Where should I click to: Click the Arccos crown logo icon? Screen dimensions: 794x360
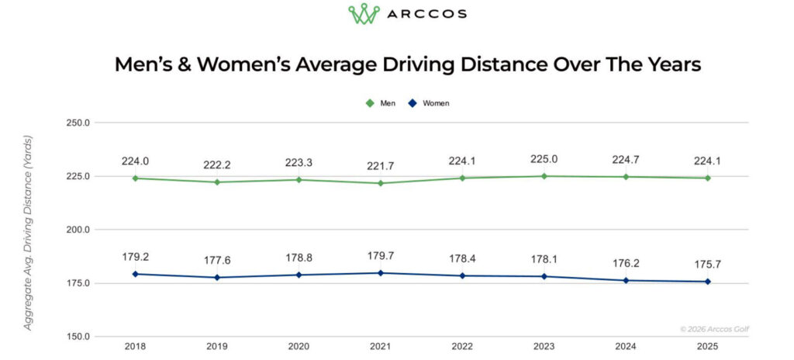pyautogui.click(x=364, y=14)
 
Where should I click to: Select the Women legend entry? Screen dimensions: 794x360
pyautogui.click(x=428, y=103)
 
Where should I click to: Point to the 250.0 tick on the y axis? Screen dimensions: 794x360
pyautogui.click(x=79, y=123)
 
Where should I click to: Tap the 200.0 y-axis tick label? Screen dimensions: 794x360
pyautogui.click(x=79, y=230)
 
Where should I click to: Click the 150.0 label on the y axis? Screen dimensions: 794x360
pyautogui.click(x=79, y=337)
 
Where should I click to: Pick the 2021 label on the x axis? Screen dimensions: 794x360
pyautogui.click(x=380, y=347)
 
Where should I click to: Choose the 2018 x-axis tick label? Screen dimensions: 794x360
pyautogui.click(x=135, y=347)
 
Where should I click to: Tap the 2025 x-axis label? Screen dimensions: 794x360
pyautogui.click(x=707, y=347)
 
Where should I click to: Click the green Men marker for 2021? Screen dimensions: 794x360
pyautogui.click(x=380, y=183)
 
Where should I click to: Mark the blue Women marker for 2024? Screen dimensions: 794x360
pyautogui.click(x=626, y=280)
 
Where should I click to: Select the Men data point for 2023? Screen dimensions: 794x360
pyautogui.click(x=544, y=176)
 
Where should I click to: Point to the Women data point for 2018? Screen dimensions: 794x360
pyautogui.click(x=135, y=274)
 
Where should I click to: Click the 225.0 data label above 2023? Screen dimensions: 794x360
pyautogui.click(x=544, y=160)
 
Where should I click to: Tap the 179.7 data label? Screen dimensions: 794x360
pyautogui.click(x=380, y=257)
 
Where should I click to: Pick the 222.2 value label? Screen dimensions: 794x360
pyautogui.click(x=217, y=165)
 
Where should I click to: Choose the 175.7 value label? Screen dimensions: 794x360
pyautogui.click(x=707, y=264)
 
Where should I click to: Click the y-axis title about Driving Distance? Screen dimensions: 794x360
pyautogui.click(x=28, y=233)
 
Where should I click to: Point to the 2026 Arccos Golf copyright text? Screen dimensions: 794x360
pyautogui.click(x=715, y=329)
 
